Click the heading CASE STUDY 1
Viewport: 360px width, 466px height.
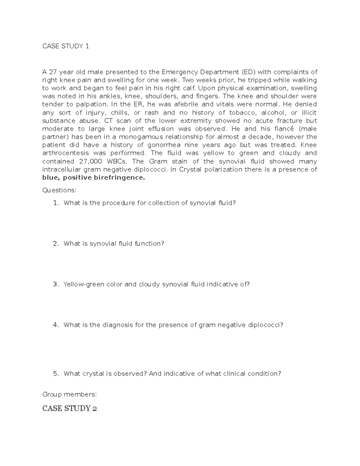pyautogui.click(x=65, y=46)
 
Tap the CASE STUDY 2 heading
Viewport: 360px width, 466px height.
pyautogui.click(x=69, y=408)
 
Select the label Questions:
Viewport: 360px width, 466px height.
pyautogui.click(x=59, y=190)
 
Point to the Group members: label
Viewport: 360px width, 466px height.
pyautogui.click(x=69, y=394)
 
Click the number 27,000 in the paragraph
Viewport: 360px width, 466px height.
pyautogui.click(x=88, y=161)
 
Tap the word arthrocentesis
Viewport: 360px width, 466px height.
pyautogui.click(x=66, y=153)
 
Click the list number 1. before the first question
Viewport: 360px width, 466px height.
pyautogui.click(x=56, y=203)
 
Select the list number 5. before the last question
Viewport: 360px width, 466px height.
pyautogui.click(x=56, y=374)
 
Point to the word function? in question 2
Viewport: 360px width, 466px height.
pyautogui.click(x=149, y=244)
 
